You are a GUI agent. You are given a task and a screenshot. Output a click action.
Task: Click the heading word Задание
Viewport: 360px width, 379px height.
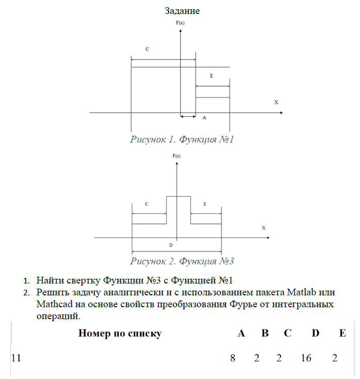click(182, 10)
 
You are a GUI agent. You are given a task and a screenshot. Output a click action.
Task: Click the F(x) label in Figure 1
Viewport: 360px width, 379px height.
click(180, 24)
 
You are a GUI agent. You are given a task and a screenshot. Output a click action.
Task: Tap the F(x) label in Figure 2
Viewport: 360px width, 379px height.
click(176, 155)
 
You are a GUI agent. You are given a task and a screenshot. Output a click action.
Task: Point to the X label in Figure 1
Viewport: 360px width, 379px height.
click(276, 102)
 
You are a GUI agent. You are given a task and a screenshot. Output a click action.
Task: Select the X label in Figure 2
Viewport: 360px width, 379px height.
click(263, 228)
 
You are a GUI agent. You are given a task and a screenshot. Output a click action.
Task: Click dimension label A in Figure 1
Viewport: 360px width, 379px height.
click(204, 118)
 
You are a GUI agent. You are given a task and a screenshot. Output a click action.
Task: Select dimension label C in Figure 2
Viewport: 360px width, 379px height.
click(147, 204)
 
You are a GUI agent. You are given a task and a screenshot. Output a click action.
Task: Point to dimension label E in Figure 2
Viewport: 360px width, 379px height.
click(205, 204)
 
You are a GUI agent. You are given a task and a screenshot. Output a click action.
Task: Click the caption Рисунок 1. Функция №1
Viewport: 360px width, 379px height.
click(182, 139)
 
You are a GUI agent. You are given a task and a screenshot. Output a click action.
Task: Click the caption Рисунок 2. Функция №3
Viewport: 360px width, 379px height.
click(182, 261)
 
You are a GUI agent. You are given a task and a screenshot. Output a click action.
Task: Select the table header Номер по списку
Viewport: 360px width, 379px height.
click(120, 333)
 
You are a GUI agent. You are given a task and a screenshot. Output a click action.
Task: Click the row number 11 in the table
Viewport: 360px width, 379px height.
click(16, 357)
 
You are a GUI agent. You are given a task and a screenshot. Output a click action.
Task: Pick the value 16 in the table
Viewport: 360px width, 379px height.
click(306, 357)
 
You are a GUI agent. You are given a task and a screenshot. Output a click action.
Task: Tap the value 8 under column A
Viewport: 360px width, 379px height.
click(232, 357)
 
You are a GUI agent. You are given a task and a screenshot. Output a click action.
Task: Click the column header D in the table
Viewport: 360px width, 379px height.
click(316, 333)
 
